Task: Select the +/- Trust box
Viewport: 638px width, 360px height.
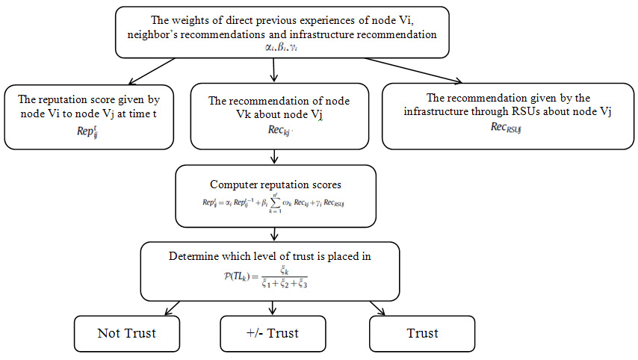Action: click(x=273, y=333)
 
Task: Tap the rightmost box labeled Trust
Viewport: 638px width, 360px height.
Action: click(x=423, y=333)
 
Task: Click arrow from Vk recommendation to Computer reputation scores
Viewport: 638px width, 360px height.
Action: click(x=276, y=158)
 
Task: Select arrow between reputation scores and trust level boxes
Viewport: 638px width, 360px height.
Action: click(x=276, y=234)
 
